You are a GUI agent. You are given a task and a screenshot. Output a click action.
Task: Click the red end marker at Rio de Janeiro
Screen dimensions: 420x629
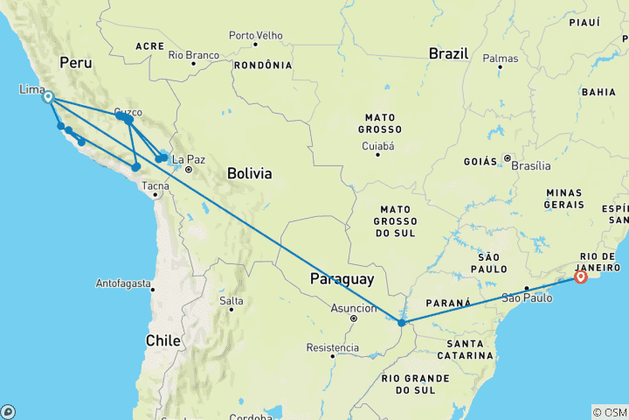pos(581,278)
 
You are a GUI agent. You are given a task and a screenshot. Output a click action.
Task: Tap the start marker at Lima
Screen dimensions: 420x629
pos(48,97)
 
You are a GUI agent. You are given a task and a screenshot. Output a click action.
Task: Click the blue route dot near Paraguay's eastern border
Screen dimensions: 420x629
pos(401,323)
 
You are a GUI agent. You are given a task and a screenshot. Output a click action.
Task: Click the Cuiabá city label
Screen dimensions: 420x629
pos(378,145)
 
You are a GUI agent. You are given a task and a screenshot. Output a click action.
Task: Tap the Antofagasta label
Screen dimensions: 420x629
pos(123,284)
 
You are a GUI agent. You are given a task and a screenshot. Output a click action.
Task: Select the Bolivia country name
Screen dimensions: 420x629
pos(249,173)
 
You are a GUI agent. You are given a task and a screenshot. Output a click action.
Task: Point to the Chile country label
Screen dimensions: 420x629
pos(164,339)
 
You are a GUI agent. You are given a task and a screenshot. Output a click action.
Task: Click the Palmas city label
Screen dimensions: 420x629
pos(500,59)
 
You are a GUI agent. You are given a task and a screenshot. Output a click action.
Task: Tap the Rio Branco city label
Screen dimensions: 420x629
pos(193,54)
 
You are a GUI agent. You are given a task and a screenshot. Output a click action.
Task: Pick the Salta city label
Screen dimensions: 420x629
pos(232,301)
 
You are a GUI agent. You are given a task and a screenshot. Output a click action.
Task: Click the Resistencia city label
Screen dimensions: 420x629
pos(332,348)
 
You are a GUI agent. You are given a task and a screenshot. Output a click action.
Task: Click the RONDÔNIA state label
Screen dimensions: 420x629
pos(263,66)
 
